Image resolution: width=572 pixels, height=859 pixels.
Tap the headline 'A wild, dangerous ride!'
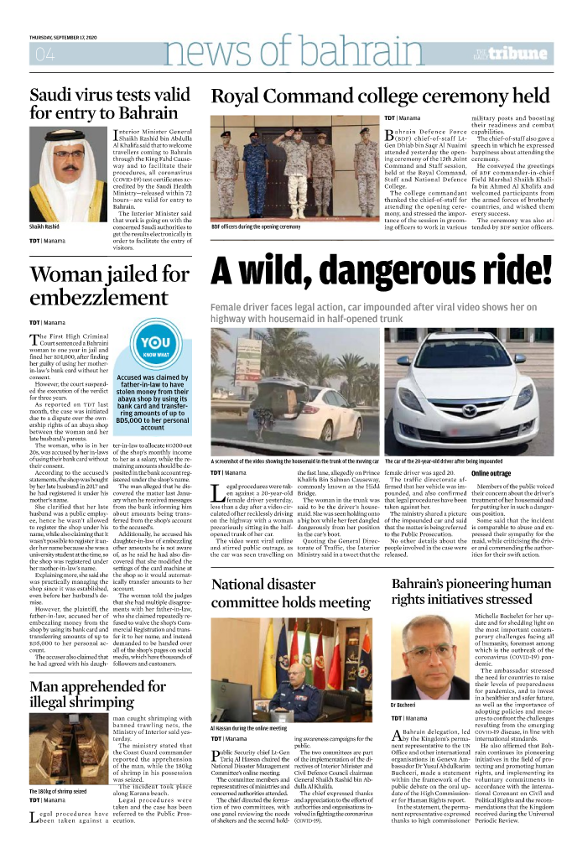(381, 271)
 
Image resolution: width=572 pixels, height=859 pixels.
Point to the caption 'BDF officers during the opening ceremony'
(256, 226)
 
